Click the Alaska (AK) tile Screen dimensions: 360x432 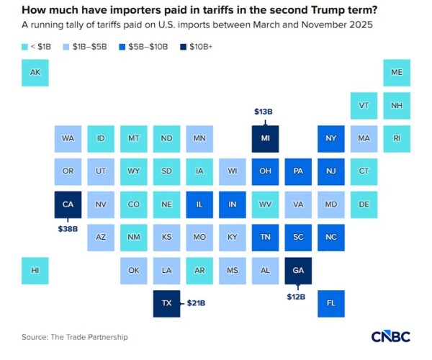point(35,73)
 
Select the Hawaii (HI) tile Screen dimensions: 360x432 point(35,270)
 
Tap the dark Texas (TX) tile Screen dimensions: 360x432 point(166,303)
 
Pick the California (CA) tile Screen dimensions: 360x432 point(68,204)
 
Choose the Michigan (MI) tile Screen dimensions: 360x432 point(265,138)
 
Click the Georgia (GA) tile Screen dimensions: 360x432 point(297,270)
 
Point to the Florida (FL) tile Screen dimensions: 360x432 point(330,303)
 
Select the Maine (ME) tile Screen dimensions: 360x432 point(397,73)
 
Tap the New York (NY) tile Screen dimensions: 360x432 point(330,138)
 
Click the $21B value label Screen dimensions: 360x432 point(197,303)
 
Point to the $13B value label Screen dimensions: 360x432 point(265,112)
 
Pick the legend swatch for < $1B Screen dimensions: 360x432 point(26,47)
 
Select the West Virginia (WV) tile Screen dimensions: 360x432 point(265,204)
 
